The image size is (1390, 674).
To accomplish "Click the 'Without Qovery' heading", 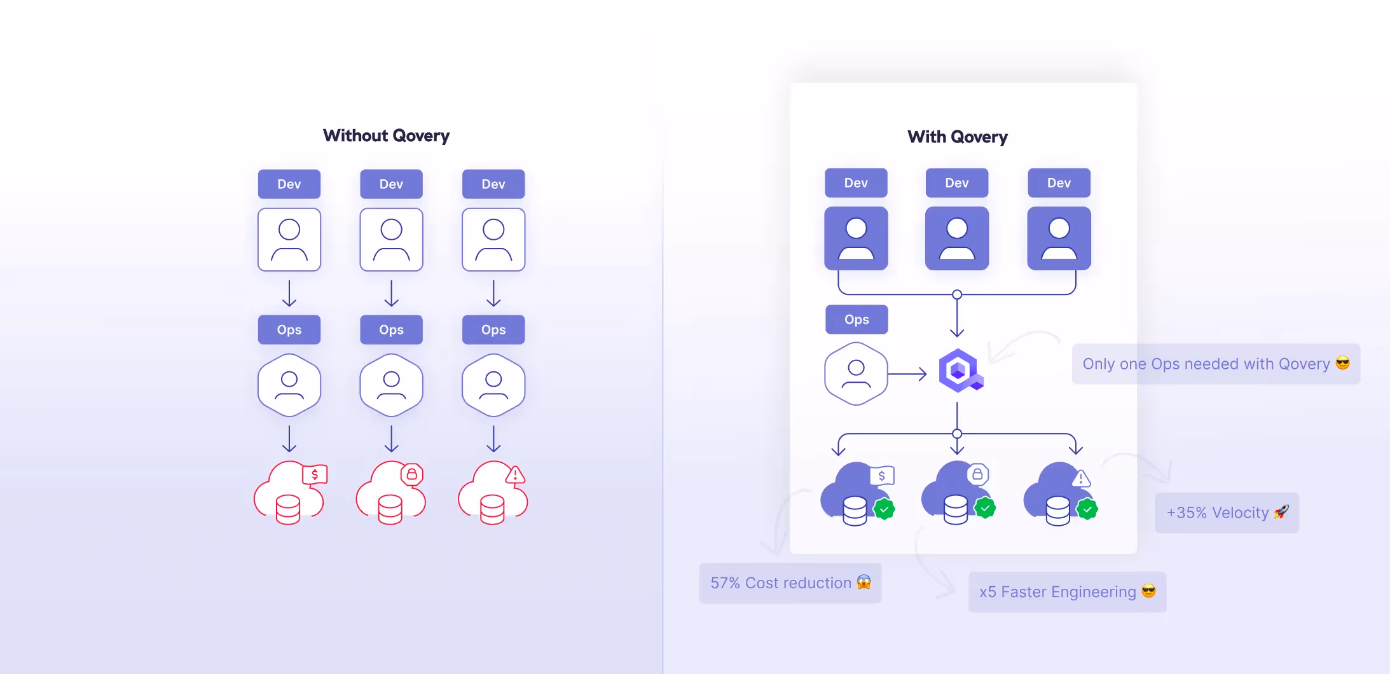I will [x=386, y=135].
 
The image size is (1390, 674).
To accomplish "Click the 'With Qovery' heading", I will [x=957, y=137].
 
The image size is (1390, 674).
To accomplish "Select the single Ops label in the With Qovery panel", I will [x=857, y=319].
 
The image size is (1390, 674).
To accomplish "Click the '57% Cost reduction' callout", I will [x=790, y=583].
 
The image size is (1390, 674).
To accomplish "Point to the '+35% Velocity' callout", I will [x=1227, y=512].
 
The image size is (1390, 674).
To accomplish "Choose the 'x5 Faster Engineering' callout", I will [x=1066, y=592].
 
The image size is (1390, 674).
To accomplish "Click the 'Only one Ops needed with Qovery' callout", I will [x=1215, y=364].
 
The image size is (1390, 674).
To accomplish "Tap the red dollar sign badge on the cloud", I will [x=315, y=474].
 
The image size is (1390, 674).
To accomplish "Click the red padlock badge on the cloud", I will [x=412, y=474].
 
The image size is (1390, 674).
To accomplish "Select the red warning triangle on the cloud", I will [x=515, y=474].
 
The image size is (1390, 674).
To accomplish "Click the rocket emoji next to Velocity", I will [x=1281, y=512].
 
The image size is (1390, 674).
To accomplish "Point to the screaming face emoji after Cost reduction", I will [x=864, y=582].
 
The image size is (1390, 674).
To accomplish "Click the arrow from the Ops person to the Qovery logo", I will [x=907, y=374].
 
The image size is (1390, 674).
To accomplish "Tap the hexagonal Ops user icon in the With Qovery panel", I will [x=856, y=374].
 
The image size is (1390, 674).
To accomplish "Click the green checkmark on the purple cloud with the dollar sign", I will [x=884, y=509].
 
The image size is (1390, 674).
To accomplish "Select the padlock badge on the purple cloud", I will [x=978, y=474].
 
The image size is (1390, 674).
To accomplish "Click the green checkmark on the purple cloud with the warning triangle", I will [x=1087, y=509].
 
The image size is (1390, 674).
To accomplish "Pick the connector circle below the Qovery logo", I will [x=957, y=434].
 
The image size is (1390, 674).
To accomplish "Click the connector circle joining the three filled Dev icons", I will [x=957, y=294].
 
